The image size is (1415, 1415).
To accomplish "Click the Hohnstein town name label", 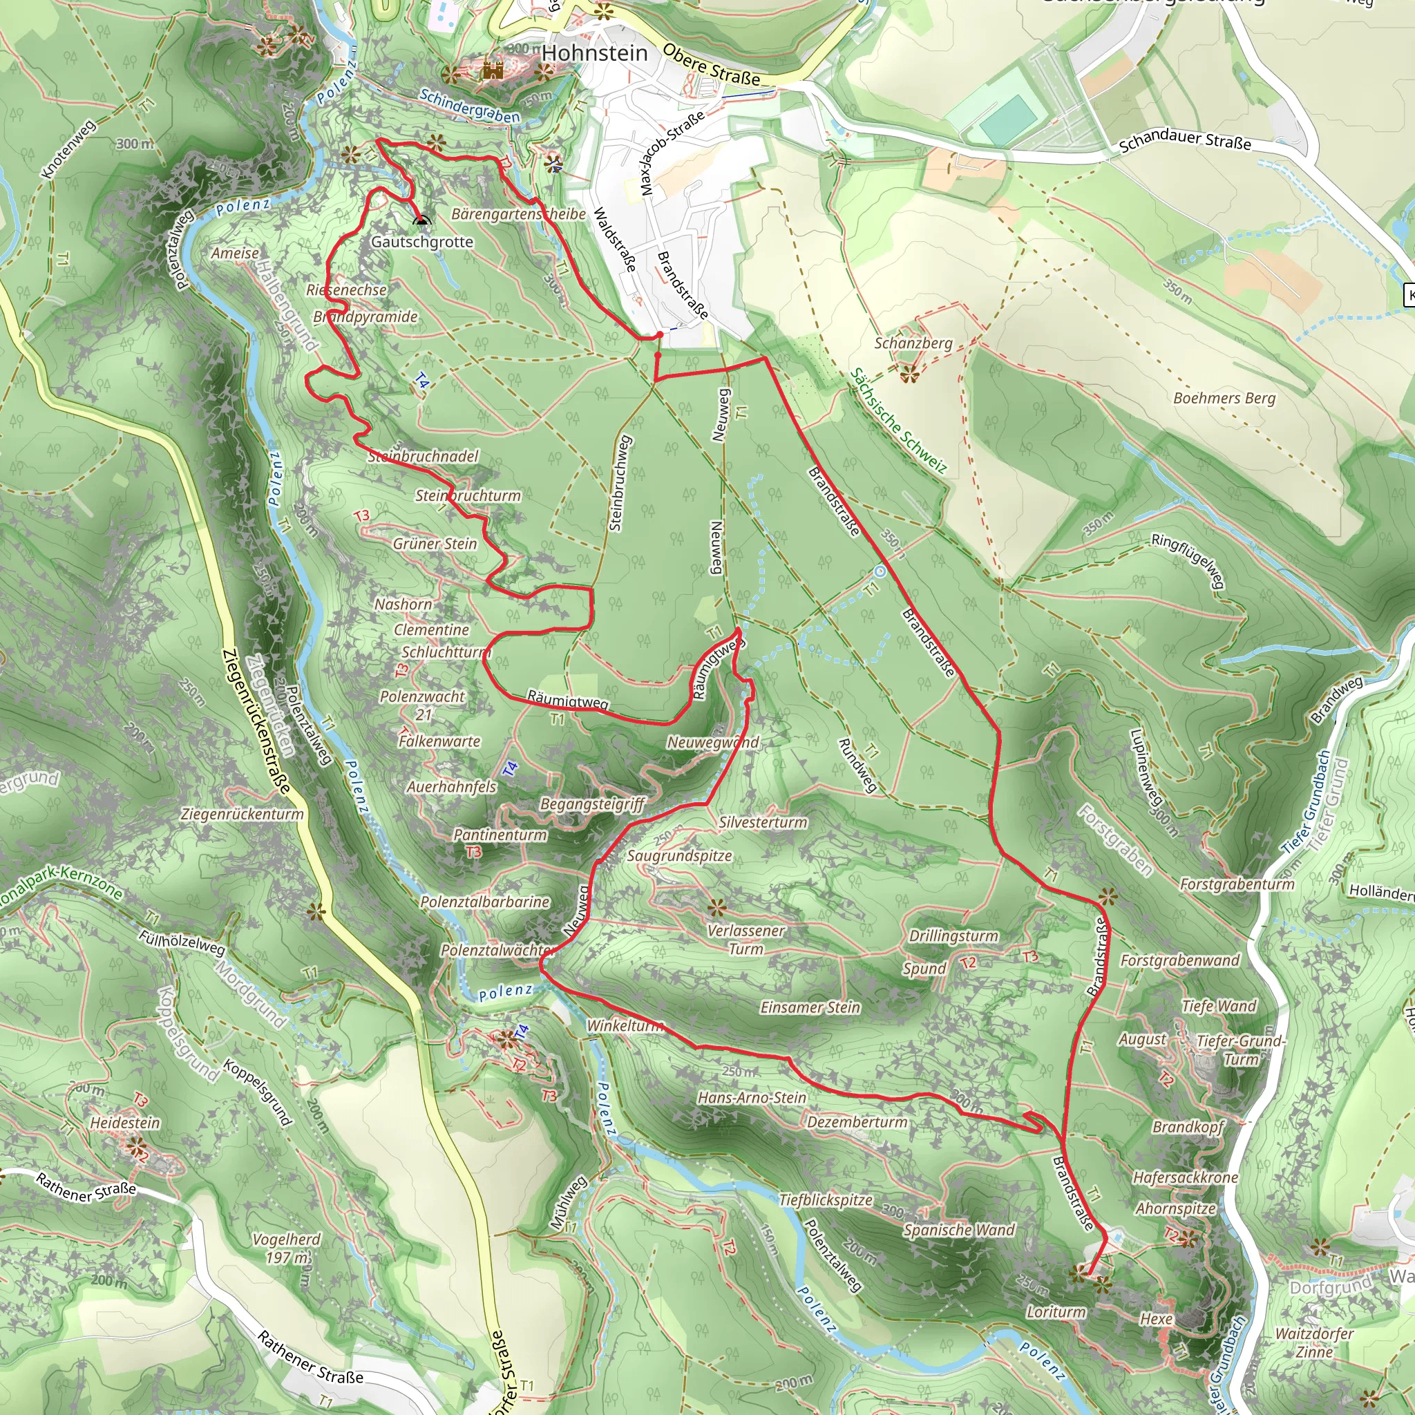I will [x=595, y=53].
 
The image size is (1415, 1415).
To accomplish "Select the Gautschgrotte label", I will [x=422, y=242].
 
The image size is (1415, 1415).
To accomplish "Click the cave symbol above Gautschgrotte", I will [x=421, y=220].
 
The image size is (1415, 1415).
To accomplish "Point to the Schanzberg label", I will [x=913, y=343].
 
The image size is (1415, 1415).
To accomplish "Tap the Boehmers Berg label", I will [x=1224, y=399].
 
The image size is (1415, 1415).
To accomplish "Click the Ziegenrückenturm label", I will [x=242, y=814].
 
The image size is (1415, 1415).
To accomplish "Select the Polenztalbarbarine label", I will [x=485, y=902].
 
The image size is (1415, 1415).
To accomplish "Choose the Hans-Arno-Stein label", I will [x=752, y=1097].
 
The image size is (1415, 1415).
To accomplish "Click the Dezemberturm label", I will [x=857, y=1121].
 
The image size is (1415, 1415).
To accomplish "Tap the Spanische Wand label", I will [x=959, y=1230].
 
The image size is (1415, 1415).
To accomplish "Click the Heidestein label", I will [x=124, y=1122].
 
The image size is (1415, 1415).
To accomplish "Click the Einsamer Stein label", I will [x=810, y=1007].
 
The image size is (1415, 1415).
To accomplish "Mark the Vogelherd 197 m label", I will [x=286, y=1248].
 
